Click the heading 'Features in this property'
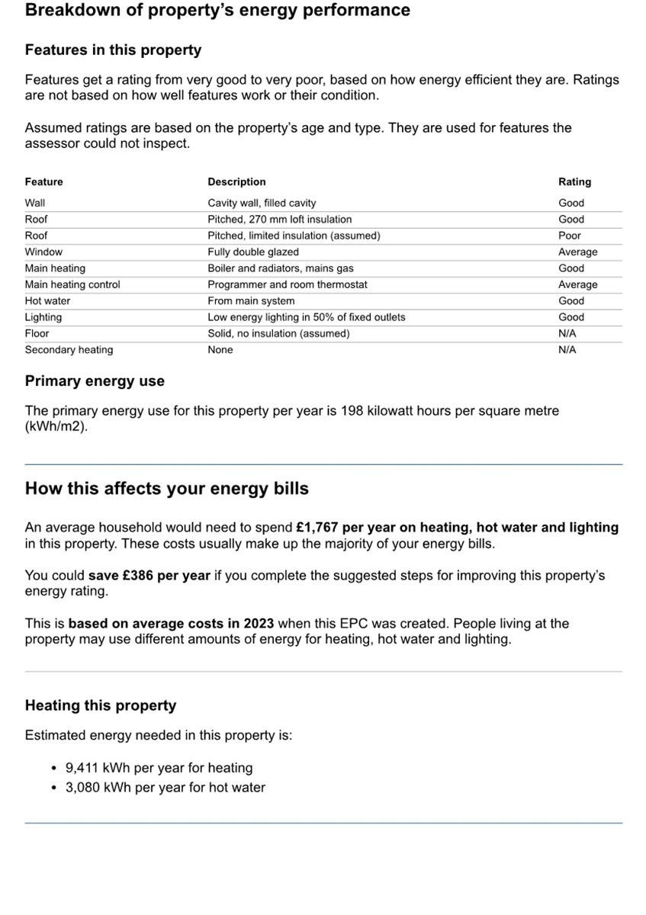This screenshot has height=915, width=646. click(113, 50)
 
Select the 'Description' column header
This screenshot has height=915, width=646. click(236, 182)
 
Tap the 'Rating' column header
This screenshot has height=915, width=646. click(574, 182)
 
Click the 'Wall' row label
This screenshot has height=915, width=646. click(35, 203)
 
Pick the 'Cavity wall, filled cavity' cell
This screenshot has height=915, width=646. click(262, 203)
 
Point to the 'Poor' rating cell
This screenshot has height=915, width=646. click(569, 236)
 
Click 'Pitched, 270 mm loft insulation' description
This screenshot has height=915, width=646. click(280, 220)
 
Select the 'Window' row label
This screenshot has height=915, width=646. click(43, 252)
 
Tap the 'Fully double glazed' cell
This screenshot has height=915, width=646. click(253, 252)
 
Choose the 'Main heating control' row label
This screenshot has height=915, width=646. click(72, 284)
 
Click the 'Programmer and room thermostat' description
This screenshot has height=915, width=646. click(288, 284)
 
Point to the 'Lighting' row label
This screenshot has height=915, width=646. click(43, 317)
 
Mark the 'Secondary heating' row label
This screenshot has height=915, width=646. click(69, 350)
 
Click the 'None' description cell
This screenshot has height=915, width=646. click(220, 350)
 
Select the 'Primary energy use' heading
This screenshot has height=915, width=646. click(95, 381)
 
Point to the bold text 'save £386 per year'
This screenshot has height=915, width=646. click(149, 576)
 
